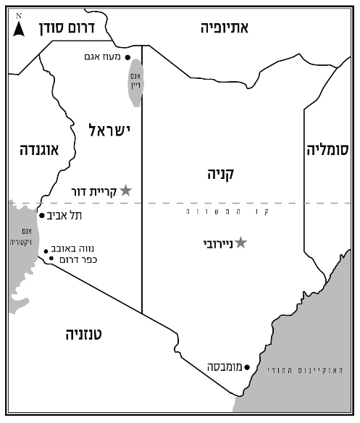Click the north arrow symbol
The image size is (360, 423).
click(19, 28)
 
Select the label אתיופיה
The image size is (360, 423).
click(225, 28)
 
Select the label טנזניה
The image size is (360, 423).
click(85, 334)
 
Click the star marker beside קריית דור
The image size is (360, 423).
click(125, 190)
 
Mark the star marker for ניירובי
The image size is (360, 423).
click(241, 243)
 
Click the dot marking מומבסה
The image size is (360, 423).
click(247, 367)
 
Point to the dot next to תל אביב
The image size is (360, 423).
click(41, 215)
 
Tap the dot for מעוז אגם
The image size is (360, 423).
click(128, 57)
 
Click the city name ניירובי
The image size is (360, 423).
click(215, 244)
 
